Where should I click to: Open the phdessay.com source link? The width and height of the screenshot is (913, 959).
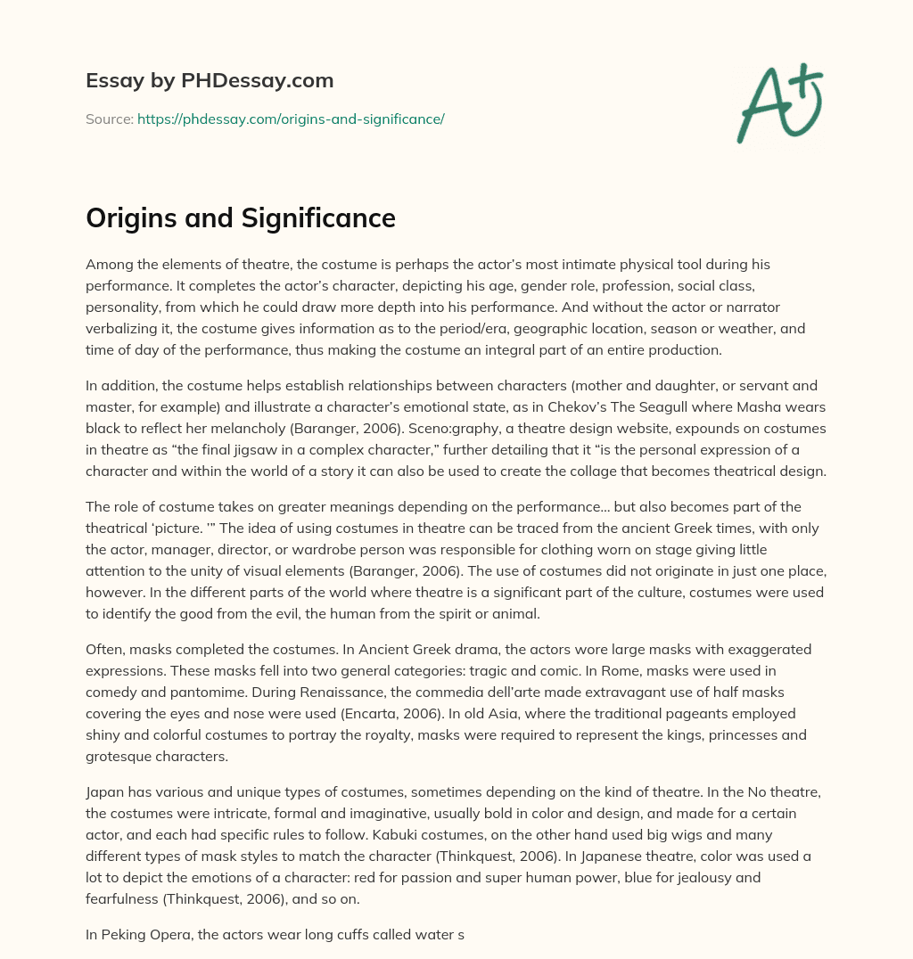pos(291,119)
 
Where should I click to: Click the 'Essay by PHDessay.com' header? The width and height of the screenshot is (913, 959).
pos(210,81)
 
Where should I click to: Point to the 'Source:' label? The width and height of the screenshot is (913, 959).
pos(110,119)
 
